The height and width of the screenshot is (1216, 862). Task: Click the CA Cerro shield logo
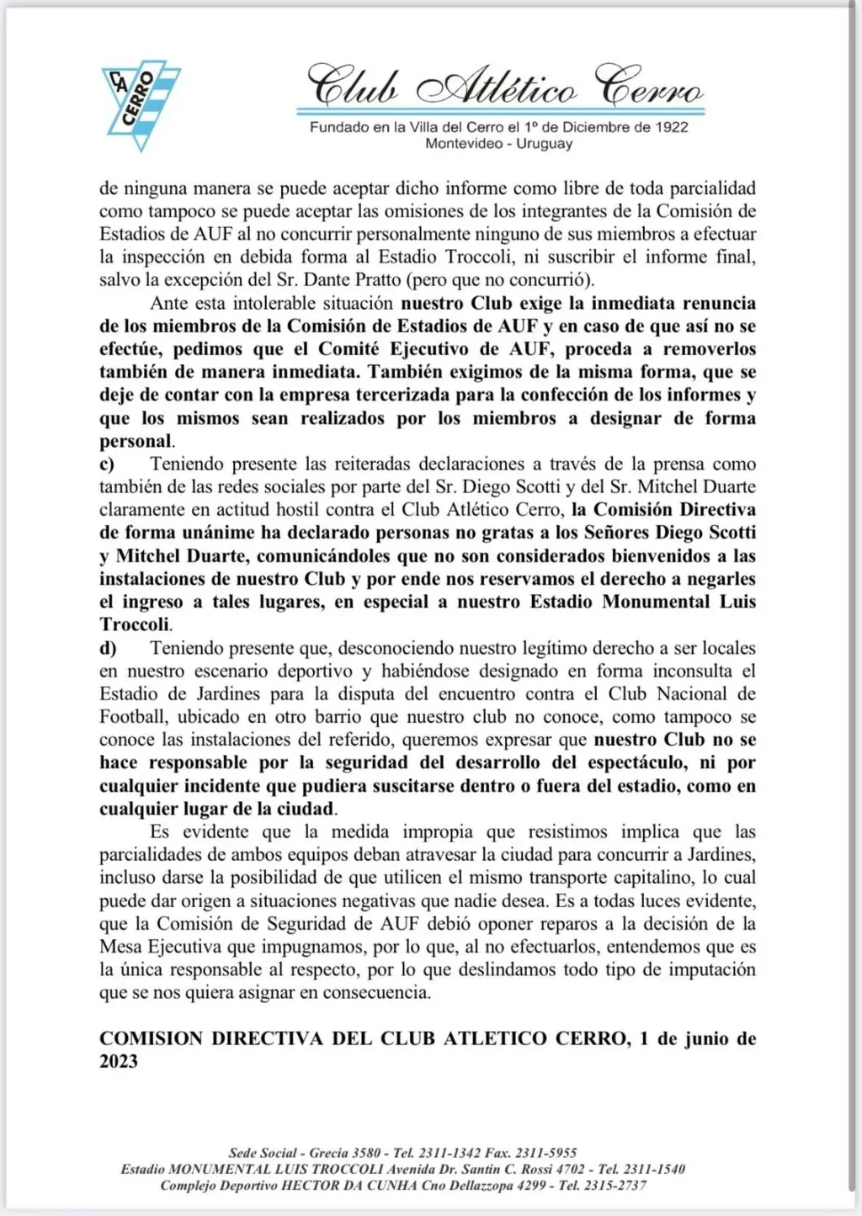tap(141, 105)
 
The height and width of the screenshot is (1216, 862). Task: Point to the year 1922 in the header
tap(672, 127)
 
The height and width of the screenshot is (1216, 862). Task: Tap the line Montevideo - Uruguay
tap(499, 144)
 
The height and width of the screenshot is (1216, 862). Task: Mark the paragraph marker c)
tap(107, 464)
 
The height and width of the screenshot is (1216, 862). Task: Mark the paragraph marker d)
tap(108, 648)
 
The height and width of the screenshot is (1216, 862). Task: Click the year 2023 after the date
tap(119, 1061)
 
